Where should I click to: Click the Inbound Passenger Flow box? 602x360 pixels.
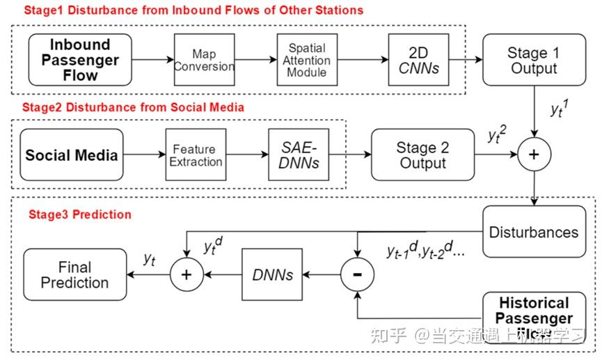pos(80,60)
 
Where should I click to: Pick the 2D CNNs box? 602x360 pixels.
pos(418,60)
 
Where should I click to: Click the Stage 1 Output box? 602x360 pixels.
pos(534,60)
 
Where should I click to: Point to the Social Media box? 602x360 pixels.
pos(72,155)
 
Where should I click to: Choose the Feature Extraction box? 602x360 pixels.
pos(196,155)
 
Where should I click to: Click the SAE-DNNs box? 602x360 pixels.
pos(299,155)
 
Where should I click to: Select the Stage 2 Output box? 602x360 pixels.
pos(422,155)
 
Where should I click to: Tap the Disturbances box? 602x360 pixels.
pos(534,232)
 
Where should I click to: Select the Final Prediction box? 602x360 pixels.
pos(74,275)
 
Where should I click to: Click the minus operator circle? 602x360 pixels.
pos(357,275)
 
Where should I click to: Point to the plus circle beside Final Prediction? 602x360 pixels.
pos(186,275)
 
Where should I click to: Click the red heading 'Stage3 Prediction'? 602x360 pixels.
pos(79,214)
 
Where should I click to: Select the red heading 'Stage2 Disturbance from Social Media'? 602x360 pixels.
pos(133,107)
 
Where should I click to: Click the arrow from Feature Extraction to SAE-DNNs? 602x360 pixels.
pos(247,155)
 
